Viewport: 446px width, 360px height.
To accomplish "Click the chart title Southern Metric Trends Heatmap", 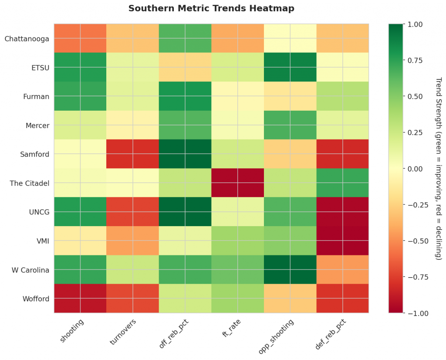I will pos(211,8).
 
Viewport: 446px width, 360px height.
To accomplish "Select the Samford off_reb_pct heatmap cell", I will pos(185,154).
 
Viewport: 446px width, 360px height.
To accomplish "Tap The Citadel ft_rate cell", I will pos(237,183).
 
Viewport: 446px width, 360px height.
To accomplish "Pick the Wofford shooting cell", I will pos(80,299).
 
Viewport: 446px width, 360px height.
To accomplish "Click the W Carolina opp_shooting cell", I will pos(290,270).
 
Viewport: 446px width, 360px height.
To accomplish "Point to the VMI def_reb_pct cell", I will pos(342,241).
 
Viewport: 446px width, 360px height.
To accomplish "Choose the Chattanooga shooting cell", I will pos(80,38).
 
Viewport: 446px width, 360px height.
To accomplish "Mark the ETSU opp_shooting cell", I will pos(290,67).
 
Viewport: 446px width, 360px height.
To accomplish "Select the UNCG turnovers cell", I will pos(132,212).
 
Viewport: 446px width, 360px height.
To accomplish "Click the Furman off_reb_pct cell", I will pos(185,96).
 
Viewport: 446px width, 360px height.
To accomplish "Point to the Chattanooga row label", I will pos(27,38).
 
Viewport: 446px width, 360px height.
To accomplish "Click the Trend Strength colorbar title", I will pos(438,169).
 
